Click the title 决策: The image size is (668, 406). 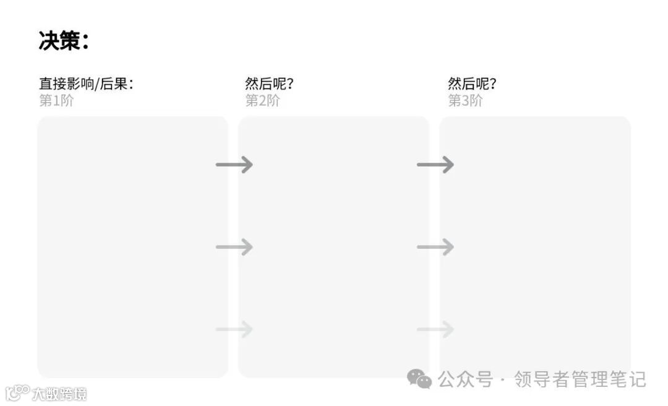point(64,41)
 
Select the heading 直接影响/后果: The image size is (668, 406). point(86,84)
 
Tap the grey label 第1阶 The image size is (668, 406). point(56,100)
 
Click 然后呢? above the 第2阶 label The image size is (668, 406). point(269,84)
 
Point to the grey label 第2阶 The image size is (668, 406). point(262,100)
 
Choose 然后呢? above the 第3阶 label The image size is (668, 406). point(472,84)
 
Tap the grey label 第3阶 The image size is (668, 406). point(465,100)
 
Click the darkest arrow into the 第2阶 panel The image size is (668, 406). point(234,165)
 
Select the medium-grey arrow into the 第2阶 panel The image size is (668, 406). point(234,247)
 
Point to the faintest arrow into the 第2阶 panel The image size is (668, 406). point(234,329)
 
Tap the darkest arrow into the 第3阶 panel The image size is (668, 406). point(435,165)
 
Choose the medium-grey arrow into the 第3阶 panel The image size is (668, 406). point(435,247)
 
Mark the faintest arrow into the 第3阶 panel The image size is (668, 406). point(435,329)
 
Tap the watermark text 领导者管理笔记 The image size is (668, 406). point(580,379)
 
